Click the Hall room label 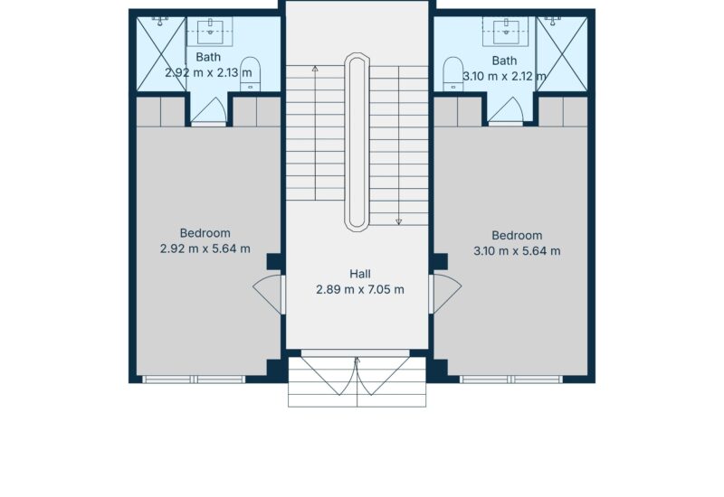359,274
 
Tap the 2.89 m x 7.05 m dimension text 359,289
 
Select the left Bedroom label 205,233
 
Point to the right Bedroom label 517,236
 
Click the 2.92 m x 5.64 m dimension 205,249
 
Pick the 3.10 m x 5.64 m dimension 517,251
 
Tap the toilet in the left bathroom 251,74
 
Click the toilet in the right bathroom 453,74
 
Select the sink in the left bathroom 211,31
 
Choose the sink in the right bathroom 506,31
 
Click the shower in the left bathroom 161,54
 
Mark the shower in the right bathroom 562,54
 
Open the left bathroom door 209,110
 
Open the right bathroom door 506,110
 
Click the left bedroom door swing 268,295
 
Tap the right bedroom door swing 445,294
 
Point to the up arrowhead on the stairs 315,69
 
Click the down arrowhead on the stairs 398,221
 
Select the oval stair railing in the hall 357,142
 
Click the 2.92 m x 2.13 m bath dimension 208,73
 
